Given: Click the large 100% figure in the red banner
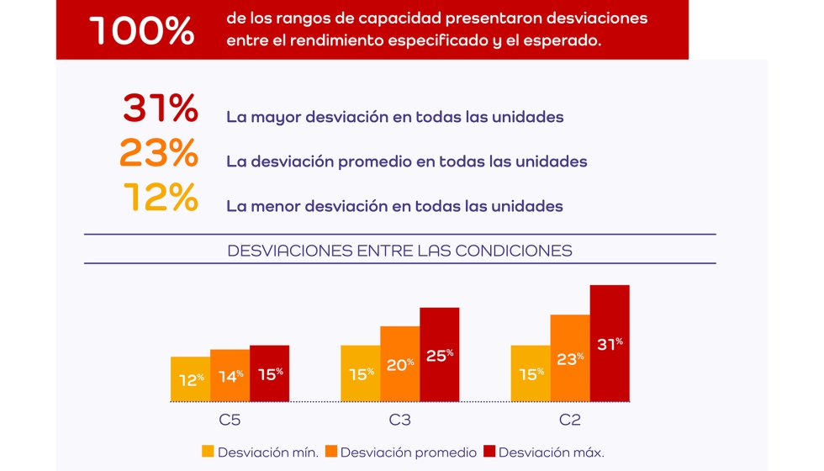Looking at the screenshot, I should tap(141, 31).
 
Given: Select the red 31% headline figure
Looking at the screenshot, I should tap(161, 108).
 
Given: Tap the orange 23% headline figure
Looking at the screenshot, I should tap(159, 153).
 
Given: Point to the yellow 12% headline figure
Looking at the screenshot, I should tap(161, 198).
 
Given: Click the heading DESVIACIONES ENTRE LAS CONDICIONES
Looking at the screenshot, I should tap(399, 251).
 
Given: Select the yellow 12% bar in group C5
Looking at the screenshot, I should tap(190, 379).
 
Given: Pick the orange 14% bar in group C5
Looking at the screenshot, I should tap(230, 375).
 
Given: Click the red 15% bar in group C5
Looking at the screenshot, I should tap(269, 373).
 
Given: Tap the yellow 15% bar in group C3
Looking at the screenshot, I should tap(360, 373).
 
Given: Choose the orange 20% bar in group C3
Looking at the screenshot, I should tap(399, 364).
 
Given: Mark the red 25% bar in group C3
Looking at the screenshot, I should tap(439, 354).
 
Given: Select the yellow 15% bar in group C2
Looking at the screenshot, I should tap(531, 373).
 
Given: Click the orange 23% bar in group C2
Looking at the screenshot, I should tap(570, 358).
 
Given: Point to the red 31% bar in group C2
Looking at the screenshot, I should tap(610, 343).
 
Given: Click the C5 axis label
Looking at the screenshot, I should tap(230, 420).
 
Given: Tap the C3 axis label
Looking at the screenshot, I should tap(399, 420).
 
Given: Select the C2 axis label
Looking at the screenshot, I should tap(570, 420).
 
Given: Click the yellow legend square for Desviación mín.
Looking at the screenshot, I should tap(208, 452).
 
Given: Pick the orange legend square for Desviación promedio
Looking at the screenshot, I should tap(330, 452).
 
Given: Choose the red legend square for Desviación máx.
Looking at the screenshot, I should tap(489, 452).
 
